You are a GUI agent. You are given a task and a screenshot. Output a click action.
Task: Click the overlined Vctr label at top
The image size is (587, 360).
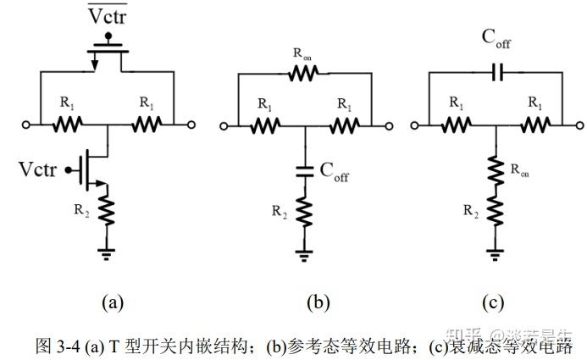108,14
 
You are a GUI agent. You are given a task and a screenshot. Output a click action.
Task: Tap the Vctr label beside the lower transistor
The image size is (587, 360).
37,169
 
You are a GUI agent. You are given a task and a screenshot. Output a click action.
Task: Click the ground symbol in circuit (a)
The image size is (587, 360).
107,254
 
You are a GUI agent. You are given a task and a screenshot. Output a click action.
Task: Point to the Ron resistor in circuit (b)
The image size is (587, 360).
303,73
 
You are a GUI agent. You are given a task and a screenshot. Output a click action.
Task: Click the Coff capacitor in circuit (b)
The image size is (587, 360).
305,172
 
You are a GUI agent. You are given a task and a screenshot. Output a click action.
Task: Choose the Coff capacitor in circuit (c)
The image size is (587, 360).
497,72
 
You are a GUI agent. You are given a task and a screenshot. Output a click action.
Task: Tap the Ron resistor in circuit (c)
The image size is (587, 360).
496,171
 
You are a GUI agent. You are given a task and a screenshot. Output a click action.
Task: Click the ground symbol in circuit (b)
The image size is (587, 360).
304,256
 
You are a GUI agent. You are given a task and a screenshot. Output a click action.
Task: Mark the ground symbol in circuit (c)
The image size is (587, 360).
496,255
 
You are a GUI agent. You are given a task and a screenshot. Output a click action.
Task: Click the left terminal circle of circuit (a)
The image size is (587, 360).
25,125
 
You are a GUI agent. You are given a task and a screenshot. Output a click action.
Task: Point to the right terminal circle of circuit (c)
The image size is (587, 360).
579,125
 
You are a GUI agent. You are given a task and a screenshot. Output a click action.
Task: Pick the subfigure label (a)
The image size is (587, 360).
113,302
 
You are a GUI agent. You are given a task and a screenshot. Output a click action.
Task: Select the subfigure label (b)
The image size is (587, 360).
318,302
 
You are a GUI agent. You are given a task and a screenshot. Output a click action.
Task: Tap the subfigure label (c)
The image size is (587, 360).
493,302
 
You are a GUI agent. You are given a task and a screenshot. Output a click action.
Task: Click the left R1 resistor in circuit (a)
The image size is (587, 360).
68,125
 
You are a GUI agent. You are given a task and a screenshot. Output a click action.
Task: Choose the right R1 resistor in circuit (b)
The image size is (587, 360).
345,125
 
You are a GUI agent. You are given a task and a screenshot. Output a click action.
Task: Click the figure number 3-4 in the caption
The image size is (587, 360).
69,346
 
